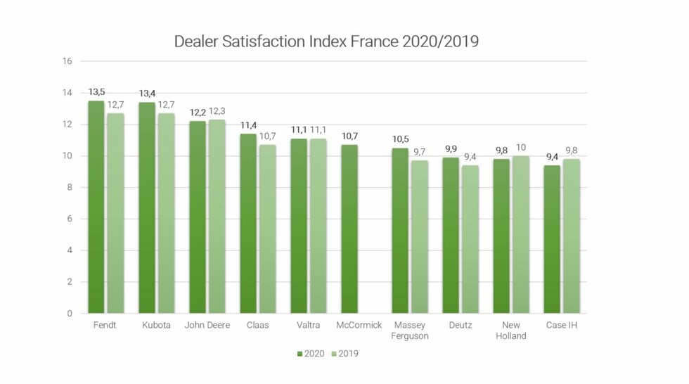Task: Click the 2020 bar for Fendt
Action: [x=96, y=207]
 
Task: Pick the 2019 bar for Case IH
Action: [x=572, y=236]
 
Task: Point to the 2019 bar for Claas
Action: [x=267, y=229]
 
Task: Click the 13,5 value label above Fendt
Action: [x=96, y=92]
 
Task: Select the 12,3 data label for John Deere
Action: [x=218, y=111]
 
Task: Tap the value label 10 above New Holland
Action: [x=521, y=147]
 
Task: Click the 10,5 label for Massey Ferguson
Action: [x=400, y=139]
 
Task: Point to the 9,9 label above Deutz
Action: [x=451, y=149]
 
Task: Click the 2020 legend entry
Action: [x=311, y=354]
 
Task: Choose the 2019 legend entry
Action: [x=344, y=354]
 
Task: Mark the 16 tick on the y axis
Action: [x=67, y=61]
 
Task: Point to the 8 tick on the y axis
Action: [x=70, y=188]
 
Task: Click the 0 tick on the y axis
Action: [x=70, y=314]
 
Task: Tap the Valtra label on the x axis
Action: [x=309, y=326]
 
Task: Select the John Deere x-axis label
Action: [x=207, y=326]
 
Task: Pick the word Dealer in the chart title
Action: [x=196, y=41]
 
